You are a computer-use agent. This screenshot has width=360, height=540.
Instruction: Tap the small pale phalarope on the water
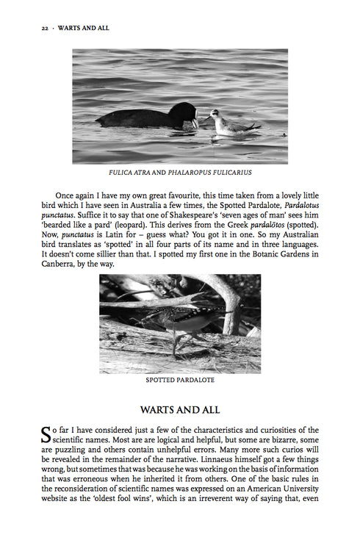click(x=228, y=123)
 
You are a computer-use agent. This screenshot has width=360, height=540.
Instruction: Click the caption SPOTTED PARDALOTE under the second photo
click(x=180, y=381)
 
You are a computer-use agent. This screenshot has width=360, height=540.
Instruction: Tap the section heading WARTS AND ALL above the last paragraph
click(x=180, y=409)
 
